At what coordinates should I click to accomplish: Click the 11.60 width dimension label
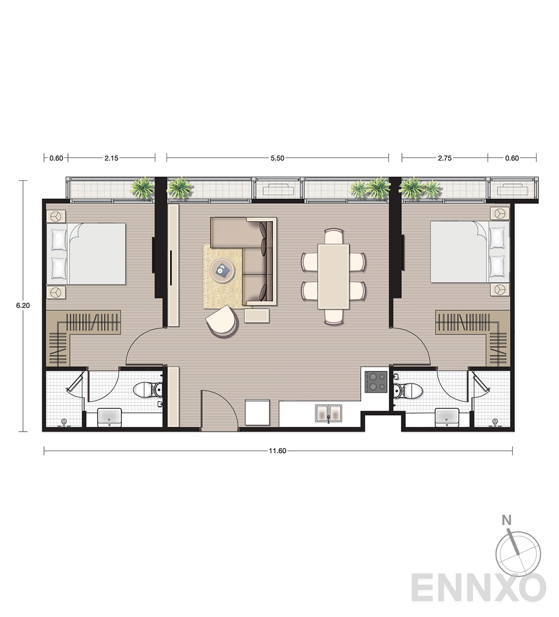(277, 451)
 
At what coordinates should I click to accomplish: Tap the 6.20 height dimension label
(23, 305)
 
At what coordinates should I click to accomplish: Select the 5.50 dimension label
(277, 158)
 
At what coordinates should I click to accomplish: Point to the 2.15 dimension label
(111, 158)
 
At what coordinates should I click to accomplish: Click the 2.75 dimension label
(445, 158)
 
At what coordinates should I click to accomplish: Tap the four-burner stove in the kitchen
(376, 382)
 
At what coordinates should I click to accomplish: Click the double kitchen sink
(329, 413)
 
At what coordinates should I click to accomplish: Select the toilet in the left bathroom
(148, 390)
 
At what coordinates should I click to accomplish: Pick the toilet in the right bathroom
(408, 390)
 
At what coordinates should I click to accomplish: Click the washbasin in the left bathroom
(110, 417)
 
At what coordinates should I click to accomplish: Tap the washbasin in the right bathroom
(447, 417)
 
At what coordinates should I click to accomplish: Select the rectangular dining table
(334, 276)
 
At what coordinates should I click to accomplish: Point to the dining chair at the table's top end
(334, 236)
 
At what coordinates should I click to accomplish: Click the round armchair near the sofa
(222, 322)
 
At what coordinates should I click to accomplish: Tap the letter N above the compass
(506, 520)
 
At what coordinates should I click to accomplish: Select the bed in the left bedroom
(86, 254)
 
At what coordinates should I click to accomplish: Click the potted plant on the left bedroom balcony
(142, 188)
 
